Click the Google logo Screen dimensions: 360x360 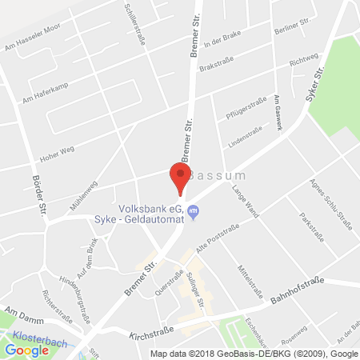27,350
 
